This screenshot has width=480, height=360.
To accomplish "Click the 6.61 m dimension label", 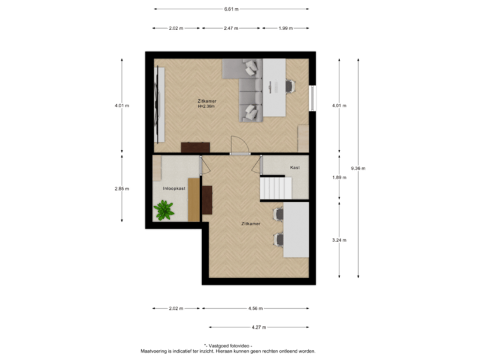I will point(231,9).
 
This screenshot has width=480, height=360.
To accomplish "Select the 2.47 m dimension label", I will point(231,28).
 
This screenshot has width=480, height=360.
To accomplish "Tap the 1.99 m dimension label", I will point(285,28).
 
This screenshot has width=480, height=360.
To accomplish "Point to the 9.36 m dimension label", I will point(358,168).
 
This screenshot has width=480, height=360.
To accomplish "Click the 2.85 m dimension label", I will point(121,189).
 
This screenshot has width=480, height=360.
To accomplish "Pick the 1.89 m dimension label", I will point(339,177).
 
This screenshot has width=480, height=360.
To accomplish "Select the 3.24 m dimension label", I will point(339,239).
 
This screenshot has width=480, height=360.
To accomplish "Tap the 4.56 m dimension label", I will point(255,308).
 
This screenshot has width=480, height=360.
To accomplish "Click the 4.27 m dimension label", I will point(259,327).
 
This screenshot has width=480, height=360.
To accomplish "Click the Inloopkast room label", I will point(174,189).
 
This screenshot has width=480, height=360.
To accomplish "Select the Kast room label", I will point(294,167).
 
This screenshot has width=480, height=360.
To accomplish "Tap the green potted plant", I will point(164,211).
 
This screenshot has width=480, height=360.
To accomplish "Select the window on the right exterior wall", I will point(311,98).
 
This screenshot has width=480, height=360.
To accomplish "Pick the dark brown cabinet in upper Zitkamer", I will point(195,147).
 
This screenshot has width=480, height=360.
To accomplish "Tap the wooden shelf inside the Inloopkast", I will point(193,199).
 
